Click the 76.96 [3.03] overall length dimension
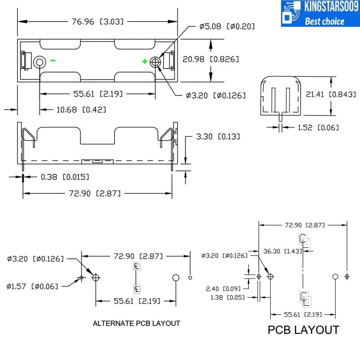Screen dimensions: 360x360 click(98, 22)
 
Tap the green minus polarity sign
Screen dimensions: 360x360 click(53, 60)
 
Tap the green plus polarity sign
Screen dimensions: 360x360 click(144, 62)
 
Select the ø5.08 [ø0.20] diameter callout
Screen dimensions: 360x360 click(227, 26)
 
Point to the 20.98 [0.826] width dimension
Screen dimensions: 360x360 click(211, 59)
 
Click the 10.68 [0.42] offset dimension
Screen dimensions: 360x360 click(81, 110)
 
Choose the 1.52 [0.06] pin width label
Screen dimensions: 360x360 click(318, 127)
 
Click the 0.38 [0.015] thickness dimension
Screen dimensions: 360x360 click(65, 176)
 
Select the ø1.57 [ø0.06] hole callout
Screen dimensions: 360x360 click(32, 286)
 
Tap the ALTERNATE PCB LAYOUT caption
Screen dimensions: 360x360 click(136, 323)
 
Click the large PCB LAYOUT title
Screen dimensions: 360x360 click(303, 330)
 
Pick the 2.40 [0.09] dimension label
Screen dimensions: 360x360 click(223, 289)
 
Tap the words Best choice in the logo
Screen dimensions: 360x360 click(324, 21)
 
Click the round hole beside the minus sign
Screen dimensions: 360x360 click(39, 63)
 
